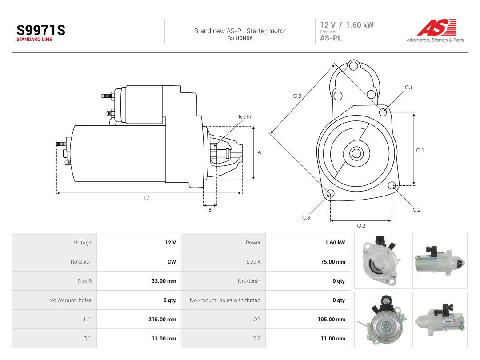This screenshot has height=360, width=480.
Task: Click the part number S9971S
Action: [x=41, y=30]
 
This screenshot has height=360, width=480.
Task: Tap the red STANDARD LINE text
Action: [x=34, y=40]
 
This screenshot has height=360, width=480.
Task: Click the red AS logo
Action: [x=436, y=27]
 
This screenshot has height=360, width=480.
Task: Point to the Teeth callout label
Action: [x=244, y=116]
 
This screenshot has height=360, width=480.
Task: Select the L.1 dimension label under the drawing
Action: [x=147, y=198]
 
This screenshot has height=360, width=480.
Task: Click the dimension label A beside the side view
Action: [x=259, y=152]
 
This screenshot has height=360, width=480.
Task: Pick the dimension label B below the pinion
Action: [x=210, y=210]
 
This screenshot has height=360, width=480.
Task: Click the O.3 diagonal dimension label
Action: [x=297, y=96]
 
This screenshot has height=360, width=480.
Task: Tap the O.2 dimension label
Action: [x=361, y=226]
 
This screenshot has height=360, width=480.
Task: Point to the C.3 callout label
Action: [x=306, y=218]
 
